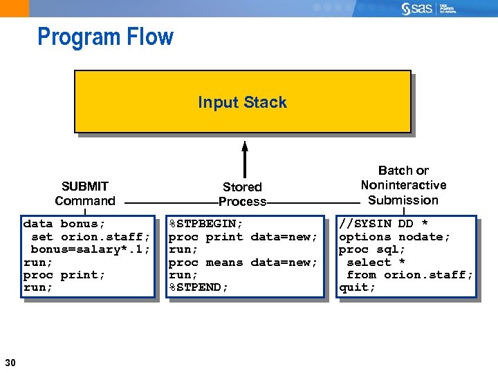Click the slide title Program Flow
105,37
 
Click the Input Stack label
242,102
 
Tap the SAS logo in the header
420,8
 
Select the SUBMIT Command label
85,193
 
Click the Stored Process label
242,194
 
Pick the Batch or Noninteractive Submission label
403,185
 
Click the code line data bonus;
64,224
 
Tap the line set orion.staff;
90,237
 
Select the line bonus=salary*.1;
90,249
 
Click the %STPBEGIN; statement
206,224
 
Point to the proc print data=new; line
243,237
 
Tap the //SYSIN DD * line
383,224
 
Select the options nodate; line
394,237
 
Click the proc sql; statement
372,249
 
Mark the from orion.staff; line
409,275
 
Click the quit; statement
357,287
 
